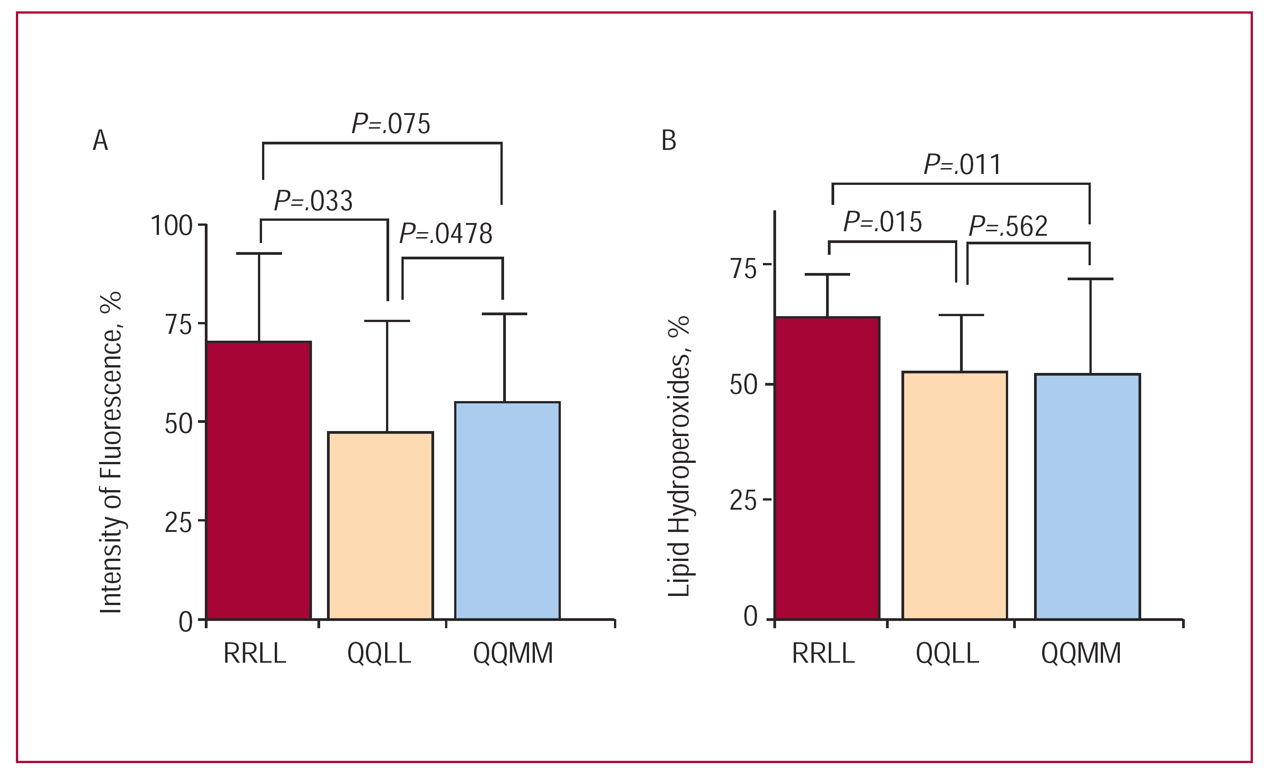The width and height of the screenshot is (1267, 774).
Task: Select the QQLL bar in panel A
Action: [x=381, y=525]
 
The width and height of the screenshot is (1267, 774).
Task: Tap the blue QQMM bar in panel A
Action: [x=507, y=510]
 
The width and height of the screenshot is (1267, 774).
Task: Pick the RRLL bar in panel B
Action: [x=827, y=467]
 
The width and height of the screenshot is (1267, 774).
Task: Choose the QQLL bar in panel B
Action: [x=955, y=495]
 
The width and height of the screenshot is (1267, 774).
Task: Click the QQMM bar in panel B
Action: [x=1088, y=496]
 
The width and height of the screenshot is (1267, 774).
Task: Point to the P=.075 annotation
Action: [x=391, y=124]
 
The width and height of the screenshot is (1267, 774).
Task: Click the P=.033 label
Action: [x=313, y=201]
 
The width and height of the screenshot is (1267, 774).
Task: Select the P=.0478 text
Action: [x=446, y=233]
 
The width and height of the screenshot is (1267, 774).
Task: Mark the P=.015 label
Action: [x=882, y=222]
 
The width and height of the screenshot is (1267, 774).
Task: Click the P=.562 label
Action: [x=1008, y=226]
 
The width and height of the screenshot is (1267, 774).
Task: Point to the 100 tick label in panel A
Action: [x=172, y=226]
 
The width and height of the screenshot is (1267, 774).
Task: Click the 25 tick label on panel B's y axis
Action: [x=743, y=500]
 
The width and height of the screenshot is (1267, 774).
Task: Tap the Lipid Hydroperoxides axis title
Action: [x=679, y=456]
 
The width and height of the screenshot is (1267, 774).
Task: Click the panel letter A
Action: [x=100, y=140]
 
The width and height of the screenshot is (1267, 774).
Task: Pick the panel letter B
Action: [x=668, y=140]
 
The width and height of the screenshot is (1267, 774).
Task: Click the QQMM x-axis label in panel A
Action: [x=513, y=654]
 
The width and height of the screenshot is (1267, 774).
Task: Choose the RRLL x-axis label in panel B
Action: [x=823, y=654]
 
